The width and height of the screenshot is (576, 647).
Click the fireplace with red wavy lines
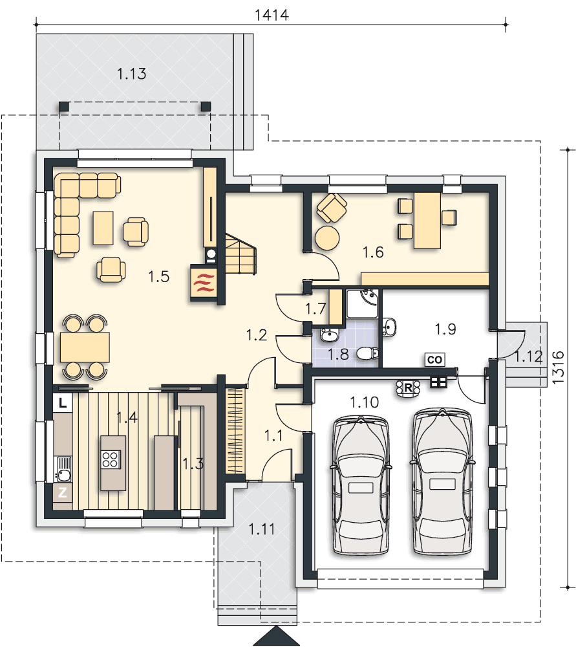(203, 283)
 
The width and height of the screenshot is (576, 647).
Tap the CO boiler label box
(434, 360)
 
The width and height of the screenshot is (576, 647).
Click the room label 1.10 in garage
(364, 402)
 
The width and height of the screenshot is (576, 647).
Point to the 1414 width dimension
(272, 15)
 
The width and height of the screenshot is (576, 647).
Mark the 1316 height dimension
(557, 367)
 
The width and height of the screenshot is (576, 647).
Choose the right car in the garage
(442, 481)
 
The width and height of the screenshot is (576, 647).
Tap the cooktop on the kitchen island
(111, 459)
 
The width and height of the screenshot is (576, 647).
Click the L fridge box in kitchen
(63, 402)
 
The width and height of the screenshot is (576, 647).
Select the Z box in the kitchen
(63, 492)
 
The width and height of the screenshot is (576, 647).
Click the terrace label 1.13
(131, 74)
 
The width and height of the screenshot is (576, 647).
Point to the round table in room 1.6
(327, 238)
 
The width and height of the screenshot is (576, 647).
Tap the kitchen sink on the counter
(63, 469)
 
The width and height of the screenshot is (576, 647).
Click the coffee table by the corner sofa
(103, 228)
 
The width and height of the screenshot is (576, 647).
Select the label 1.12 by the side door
(528, 356)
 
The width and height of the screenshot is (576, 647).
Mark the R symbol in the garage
(408, 388)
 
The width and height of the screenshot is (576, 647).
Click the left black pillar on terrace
(64, 107)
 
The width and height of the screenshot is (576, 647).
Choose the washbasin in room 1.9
(389, 326)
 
